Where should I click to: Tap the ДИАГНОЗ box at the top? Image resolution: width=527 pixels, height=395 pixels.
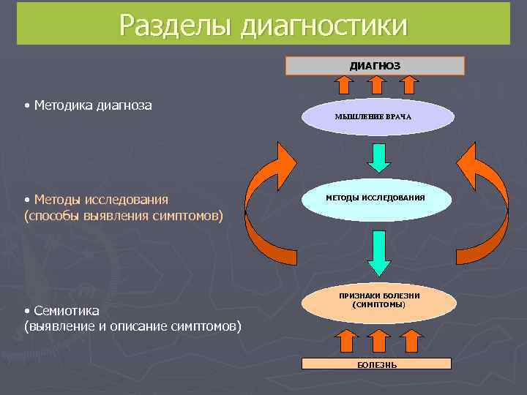coord(375,66)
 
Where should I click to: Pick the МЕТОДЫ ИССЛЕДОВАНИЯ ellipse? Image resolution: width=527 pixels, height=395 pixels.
coord(375,198)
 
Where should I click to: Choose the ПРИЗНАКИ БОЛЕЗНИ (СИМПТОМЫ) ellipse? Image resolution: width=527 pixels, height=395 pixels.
coord(379,299)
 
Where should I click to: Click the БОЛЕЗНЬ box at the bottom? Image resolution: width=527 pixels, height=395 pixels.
coord(378,364)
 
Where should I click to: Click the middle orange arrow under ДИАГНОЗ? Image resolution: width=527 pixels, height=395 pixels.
coord(377,85)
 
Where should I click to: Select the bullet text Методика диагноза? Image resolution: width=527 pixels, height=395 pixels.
coord(92,105)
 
